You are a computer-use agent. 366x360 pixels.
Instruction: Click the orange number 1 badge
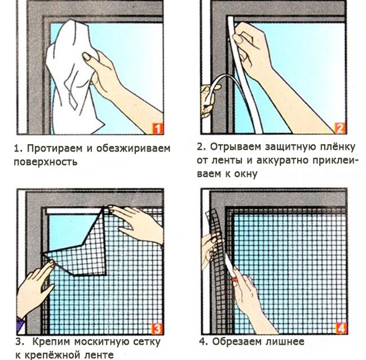tap(157, 128)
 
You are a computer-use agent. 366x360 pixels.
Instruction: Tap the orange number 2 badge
tap(340, 128)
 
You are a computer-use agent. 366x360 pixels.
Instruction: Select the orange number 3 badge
tap(157, 329)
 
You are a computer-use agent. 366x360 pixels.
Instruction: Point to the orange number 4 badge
tap(341, 328)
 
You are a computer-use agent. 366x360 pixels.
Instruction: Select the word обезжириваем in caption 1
tap(133, 149)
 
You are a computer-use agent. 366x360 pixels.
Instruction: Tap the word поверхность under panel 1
tap(46, 162)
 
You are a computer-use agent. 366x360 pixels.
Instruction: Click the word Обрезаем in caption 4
tap(237, 342)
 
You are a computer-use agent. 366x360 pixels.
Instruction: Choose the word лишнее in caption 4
tap(285, 342)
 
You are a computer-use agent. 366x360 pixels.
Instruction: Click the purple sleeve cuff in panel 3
tap(21, 322)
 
